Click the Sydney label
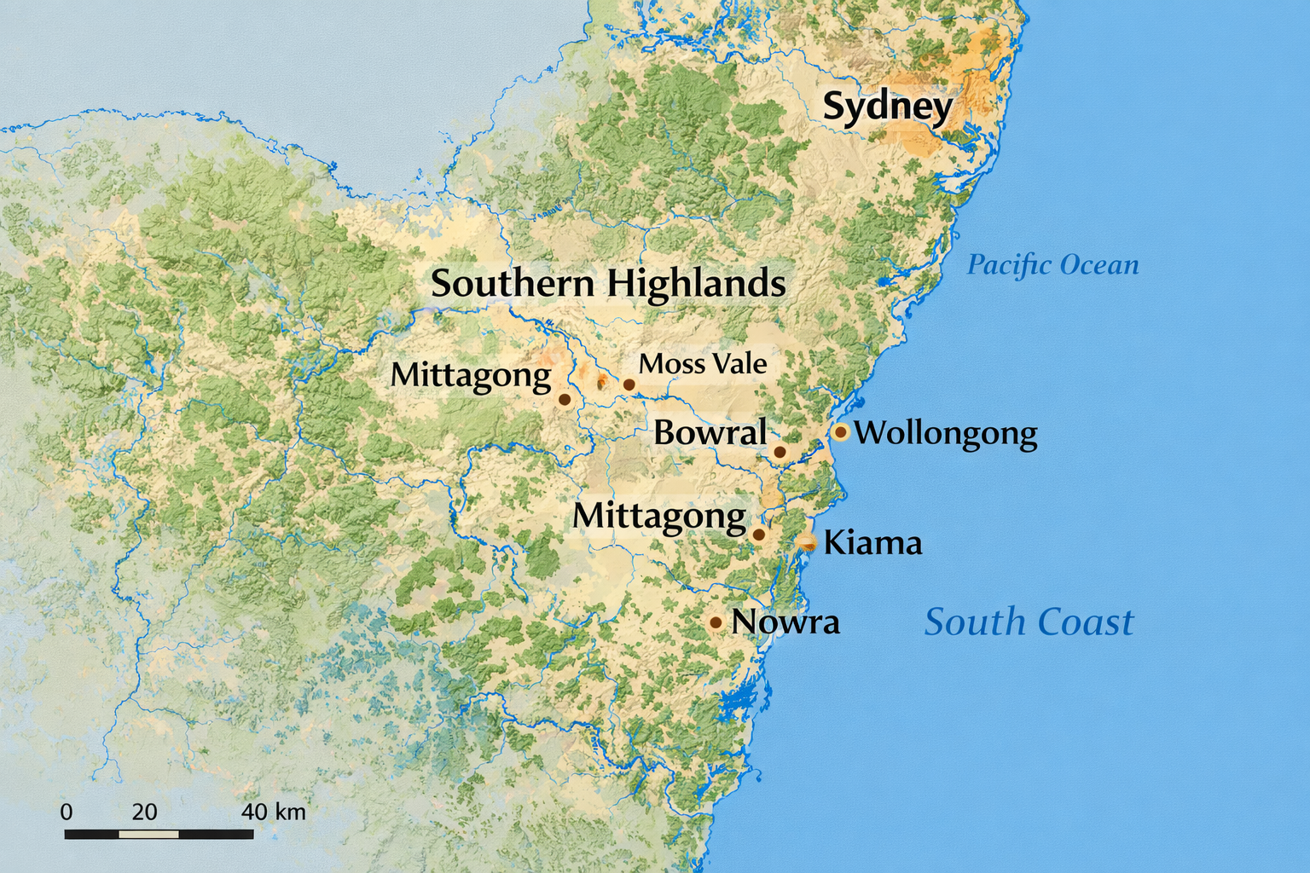(887, 107)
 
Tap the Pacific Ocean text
(1052, 265)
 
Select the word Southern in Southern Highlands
(512, 283)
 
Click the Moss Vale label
(703, 364)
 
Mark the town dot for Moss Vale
(629, 384)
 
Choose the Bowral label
(710, 433)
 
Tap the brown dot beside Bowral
(779, 452)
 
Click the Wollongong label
(946, 433)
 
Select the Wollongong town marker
(840, 432)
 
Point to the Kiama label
(872, 543)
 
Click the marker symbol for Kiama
(806, 542)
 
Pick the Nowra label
(785, 622)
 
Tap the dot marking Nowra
(716, 623)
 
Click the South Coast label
(1029, 622)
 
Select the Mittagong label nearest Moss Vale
(471, 375)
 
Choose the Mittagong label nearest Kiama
(659, 516)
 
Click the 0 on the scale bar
(67, 812)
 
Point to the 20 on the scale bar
(144, 812)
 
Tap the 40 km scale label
(273, 812)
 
